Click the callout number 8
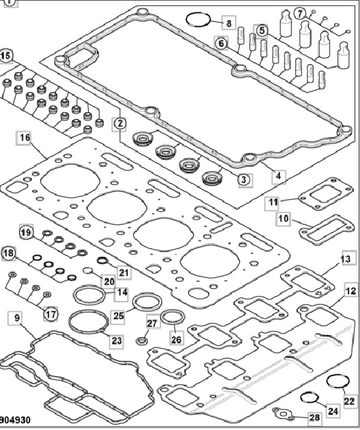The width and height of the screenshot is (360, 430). pos(229,23)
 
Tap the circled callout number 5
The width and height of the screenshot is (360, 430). pos(262,31)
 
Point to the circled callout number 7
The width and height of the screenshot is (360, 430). pos(300,13)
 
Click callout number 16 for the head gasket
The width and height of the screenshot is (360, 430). pos(25,138)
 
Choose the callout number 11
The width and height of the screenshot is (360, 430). pos(273,203)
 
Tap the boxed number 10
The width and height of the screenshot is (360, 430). pos(283,218)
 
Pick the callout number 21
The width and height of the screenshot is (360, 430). pos(124,272)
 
